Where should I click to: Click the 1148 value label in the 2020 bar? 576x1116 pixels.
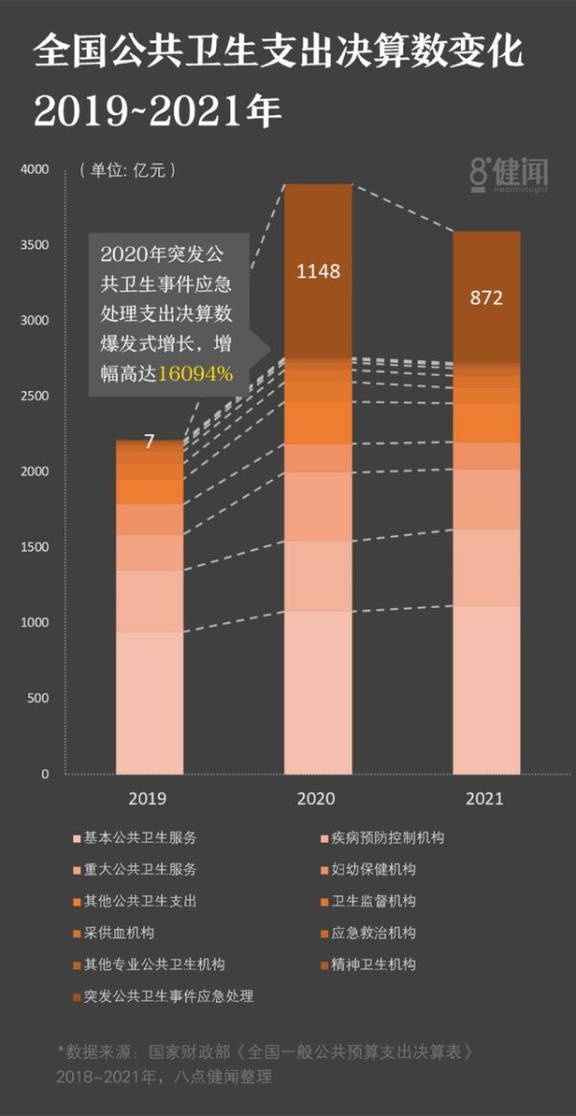click(318, 271)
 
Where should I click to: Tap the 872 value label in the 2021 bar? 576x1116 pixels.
click(487, 298)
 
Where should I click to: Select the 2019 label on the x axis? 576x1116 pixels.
click(149, 798)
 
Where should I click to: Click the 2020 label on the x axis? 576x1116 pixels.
click(318, 798)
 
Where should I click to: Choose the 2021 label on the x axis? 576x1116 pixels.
click(486, 798)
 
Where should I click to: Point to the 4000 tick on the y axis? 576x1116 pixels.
click(34, 170)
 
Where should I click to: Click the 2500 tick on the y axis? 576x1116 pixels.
click(34, 397)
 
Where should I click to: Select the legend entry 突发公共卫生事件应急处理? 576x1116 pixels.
click(168, 996)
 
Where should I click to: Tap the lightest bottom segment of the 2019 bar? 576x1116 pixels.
click(149, 701)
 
